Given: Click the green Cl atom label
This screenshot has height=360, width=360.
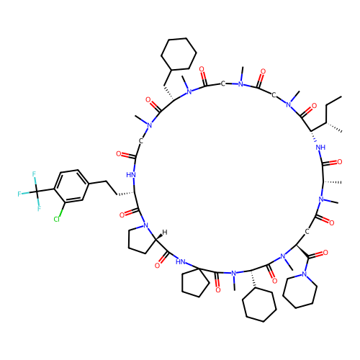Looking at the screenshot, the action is (57, 219).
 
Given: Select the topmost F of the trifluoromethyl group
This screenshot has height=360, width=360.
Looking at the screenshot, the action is (34, 174).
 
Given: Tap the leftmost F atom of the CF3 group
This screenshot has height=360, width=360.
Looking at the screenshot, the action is (19, 194).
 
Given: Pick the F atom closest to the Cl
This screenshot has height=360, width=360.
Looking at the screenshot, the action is (39, 208).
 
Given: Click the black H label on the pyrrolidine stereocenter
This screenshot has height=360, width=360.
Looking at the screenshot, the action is (165, 233).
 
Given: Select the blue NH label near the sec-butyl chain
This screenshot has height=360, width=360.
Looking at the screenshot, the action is (321, 148).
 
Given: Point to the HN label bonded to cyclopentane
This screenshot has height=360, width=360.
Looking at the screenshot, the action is (181, 261).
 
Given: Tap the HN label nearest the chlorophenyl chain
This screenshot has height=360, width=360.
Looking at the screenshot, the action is (131, 175).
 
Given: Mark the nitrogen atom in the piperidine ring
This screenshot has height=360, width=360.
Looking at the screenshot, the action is (305, 274).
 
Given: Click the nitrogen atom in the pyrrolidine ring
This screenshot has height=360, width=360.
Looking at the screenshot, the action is (145, 225).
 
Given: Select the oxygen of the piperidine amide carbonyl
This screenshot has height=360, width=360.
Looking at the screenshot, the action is (325, 253).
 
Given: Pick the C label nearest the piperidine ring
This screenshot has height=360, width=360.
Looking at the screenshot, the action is (307, 232).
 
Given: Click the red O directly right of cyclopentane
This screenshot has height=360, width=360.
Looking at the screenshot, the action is (218, 290).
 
